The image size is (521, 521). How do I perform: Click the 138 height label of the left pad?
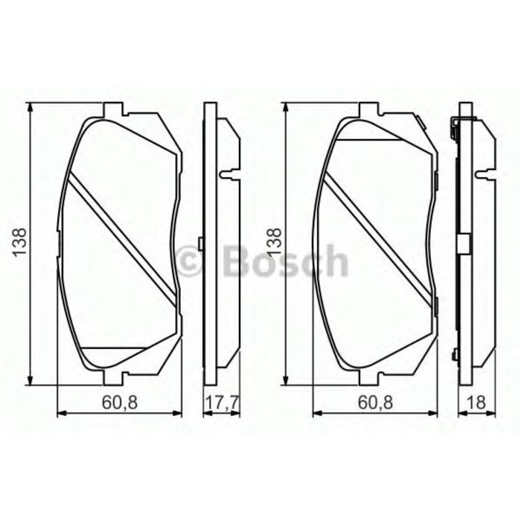[x=19, y=243]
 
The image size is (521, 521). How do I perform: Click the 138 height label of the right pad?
[x=275, y=243]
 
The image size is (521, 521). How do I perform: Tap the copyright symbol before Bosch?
[x=188, y=262]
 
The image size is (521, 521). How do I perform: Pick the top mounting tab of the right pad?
[x=369, y=109]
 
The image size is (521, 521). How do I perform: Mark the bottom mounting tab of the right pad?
[x=369, y=377]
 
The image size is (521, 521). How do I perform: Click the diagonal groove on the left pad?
[x=123, y=237]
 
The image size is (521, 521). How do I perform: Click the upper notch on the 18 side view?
[x=485, y=175]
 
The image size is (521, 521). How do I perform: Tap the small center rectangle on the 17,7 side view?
[x=201, y=243]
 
